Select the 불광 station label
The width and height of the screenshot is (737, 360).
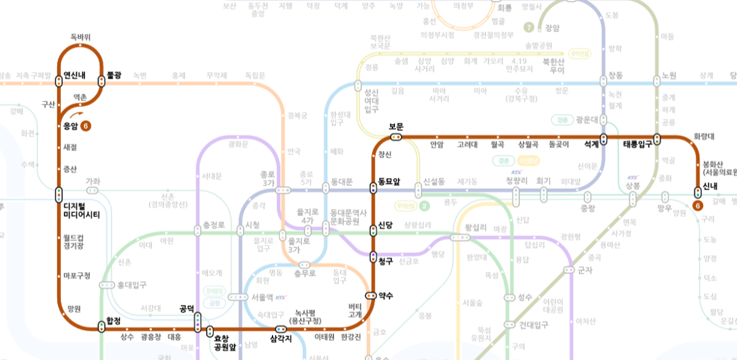(114, 75)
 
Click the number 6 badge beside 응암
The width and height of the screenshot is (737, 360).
(86, 126)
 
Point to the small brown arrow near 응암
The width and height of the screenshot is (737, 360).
(76, 114)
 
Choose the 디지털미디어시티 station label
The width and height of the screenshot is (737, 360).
(81, 210)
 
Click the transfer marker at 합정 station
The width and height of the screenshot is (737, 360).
(102, 327)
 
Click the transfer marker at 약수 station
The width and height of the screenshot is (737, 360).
(370, 295)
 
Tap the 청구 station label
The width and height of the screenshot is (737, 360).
(386, 261)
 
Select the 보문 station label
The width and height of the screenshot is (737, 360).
(396, 127)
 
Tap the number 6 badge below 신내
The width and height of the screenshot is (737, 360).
(698, 206)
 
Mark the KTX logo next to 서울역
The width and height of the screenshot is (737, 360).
(281, 297)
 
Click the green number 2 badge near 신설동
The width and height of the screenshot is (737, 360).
(424, 206)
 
